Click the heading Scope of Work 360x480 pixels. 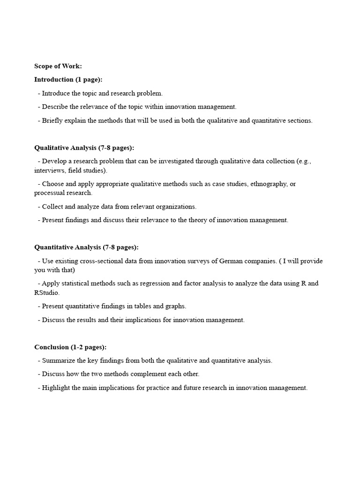click(x=58, y=66)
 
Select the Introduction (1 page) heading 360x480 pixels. click(x=68, y=80)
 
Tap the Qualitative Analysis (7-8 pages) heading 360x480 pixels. click(x=84, y=148)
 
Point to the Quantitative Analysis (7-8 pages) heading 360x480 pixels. click(x=86, y=247)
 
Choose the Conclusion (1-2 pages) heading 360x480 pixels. click(x=70, y=347)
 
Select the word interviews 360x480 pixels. click(x=47, y=170)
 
